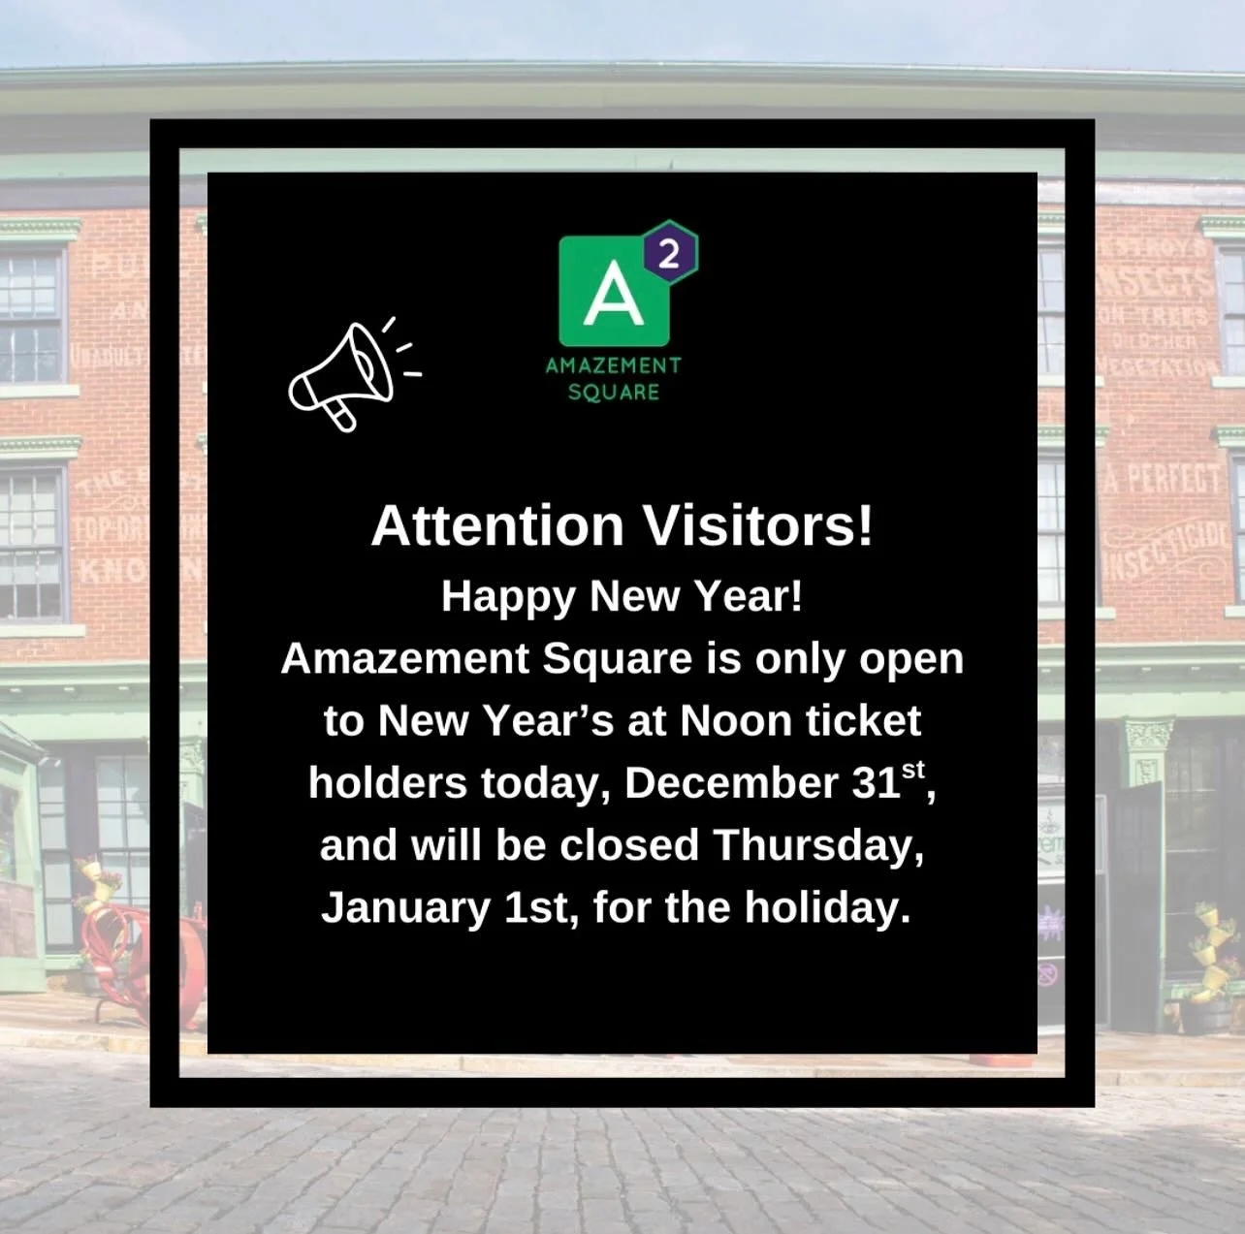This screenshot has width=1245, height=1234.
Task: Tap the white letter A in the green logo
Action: click(x=613, y=294)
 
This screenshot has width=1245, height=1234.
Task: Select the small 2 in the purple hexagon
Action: click(x=668, y=255)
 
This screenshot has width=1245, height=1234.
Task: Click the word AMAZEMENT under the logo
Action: click(x=613, y=365)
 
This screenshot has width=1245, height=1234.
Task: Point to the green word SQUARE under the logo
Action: click(x=613, y=392)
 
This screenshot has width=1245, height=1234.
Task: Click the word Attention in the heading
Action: click(x=496, y=526)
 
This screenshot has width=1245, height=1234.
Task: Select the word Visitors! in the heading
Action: click(x=757, y=526)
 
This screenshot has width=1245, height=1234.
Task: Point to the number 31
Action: click(x=876, y=783)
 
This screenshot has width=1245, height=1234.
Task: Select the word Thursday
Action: click(x=817, y=845)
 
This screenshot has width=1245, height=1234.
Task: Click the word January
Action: click(x=405, y=907)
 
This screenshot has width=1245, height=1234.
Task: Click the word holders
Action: click(x=388, y=783)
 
